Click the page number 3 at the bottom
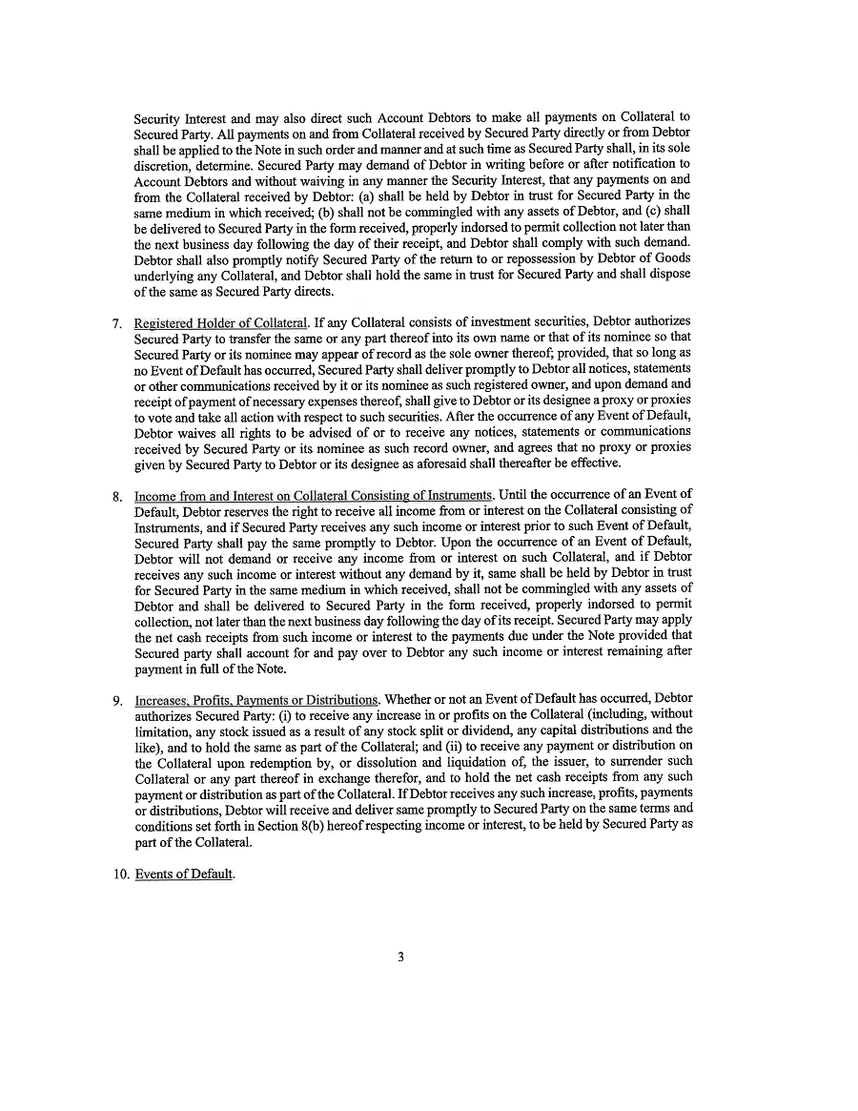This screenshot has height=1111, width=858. pyautogui.click(x=401, y=957)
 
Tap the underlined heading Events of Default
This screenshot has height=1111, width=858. pyautogui.click(x=184, y=874)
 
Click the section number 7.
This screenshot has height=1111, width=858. pyautogui.click(x=115, y=322)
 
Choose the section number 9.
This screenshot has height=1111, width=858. pyautogui.click(x=115, y=700)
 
